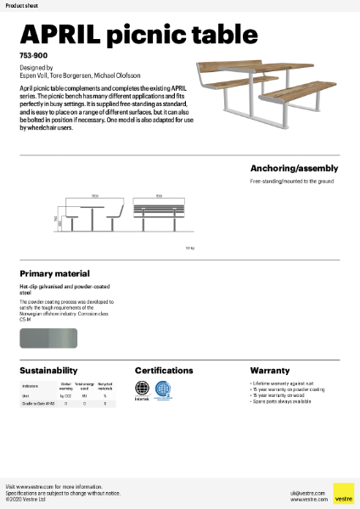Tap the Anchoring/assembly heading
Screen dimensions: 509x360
[294, 167]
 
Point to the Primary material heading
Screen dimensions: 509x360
[54, 274]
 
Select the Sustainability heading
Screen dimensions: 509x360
[49, 371]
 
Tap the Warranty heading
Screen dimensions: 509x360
[270, 371]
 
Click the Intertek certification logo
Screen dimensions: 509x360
[143, 389]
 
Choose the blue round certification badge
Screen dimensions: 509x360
[162, 389]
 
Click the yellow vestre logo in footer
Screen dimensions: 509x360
[343, 493]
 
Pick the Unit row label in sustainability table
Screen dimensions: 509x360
[25, 395]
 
